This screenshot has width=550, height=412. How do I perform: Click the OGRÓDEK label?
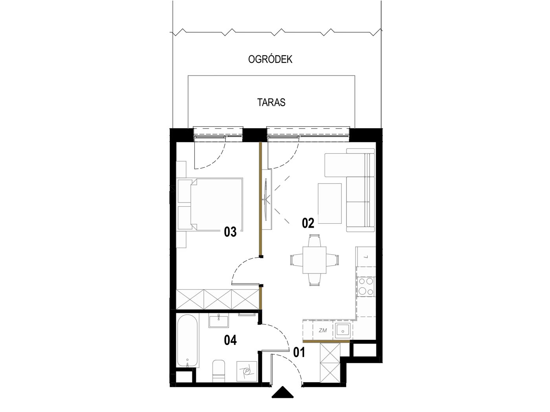(x=270, y=59)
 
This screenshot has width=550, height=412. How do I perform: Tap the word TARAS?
(x=271, y=102)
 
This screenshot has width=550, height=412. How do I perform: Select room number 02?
(x=308, y=223)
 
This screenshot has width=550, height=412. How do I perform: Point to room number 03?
(x=230, y=232)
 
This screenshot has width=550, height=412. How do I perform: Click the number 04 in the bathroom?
(x=230, y=340)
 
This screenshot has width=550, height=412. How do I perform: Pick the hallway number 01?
(x=299, y=352)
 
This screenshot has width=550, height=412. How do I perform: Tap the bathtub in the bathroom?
(x=187, y=341)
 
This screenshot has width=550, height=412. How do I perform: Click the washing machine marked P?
(x=247, y=371)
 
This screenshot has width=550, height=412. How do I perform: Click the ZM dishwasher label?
(x=323, y=330)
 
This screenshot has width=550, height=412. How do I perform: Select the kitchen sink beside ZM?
(x=343, y=330)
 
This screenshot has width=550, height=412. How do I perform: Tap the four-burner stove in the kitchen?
(x=366, y=286)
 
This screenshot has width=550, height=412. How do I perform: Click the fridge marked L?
(x=366, y=256)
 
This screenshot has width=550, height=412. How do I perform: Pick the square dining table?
(x=314, y=260)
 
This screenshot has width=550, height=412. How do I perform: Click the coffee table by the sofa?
(x=330, y=203)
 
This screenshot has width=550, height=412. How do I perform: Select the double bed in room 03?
(x=210, y=204)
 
